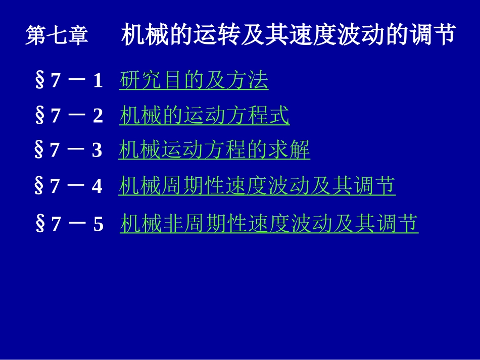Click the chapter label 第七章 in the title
(57, 36)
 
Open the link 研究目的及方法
(194, 81)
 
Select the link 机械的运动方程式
(205, 116)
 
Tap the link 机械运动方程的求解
(214, 150)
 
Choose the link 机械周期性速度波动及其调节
(257, 186)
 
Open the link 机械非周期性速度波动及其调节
(269, 224)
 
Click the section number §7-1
(69, 81)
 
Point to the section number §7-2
(69, 116)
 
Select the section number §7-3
(68, 150)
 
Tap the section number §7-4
(68, 186)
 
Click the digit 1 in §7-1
(98, 81)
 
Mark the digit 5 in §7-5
(99, 224)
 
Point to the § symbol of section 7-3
(38, 150)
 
